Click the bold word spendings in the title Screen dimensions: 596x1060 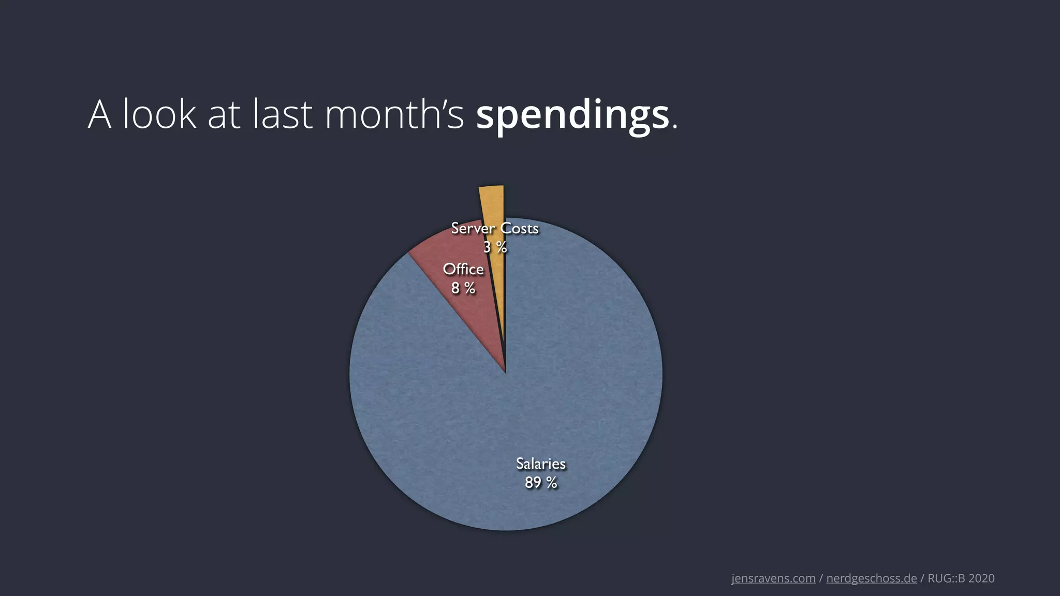572,116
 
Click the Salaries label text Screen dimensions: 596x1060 541,464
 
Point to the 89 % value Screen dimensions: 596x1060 541,483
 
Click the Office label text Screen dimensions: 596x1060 463,269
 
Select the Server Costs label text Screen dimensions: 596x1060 495,228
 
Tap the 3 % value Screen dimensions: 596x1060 495,247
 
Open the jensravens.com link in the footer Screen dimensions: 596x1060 773,578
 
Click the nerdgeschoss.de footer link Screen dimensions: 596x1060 872,578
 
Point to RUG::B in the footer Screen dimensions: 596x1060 947,578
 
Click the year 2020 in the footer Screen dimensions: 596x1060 981,578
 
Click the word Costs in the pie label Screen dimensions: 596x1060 519,228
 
